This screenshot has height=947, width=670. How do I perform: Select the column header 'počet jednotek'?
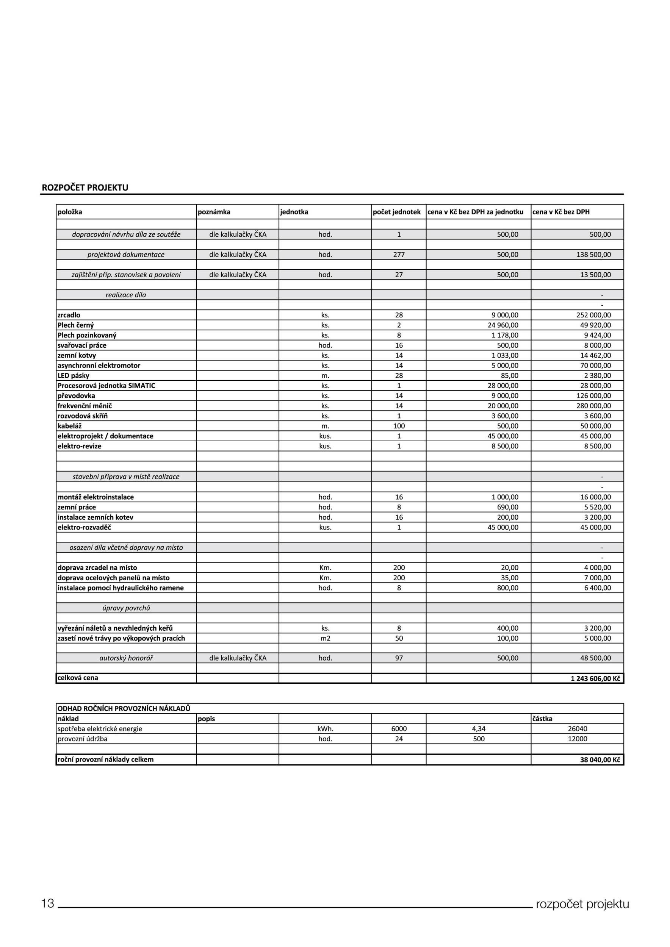[x=396, y=212]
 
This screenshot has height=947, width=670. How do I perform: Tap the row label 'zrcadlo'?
[x=69, y=315]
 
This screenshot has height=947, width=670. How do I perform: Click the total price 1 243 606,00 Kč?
[x=595, y=678]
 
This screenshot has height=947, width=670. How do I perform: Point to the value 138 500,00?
[x=593, y=255]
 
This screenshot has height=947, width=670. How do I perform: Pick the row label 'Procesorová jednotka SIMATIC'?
[x=106, y=386]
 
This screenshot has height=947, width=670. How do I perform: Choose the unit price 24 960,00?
[x=503, y=325]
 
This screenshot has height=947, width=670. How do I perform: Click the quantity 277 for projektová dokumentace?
[x=399, y=255]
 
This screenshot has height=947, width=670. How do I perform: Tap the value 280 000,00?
[x=593, y=406]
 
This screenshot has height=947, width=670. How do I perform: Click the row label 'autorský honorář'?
[x=126, y=658]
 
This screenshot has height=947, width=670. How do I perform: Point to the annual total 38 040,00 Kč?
[x=600, y=760]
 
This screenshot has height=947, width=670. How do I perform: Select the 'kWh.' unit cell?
[x=325, y=729]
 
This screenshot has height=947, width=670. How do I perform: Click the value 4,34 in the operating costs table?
[x=479, y=729]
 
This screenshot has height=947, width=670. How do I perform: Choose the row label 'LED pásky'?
[x=74, y=376]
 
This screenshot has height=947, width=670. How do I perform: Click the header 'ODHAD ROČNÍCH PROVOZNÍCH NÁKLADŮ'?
[x=124, y=709]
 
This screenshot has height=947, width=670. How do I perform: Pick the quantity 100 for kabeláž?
[x=399, y=426]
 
